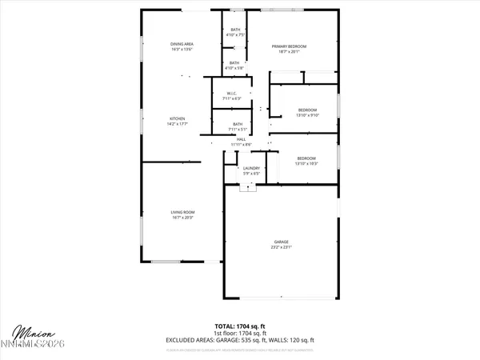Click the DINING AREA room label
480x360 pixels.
coord(182,44)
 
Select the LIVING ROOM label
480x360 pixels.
coord(182,212)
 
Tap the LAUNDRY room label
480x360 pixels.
coord(252,168)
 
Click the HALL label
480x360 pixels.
coord(241,140)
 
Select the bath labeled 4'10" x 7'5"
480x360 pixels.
coord(234,34)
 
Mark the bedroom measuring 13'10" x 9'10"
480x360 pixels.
coord(308,114)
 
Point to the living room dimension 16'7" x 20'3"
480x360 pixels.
coord(182,218)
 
